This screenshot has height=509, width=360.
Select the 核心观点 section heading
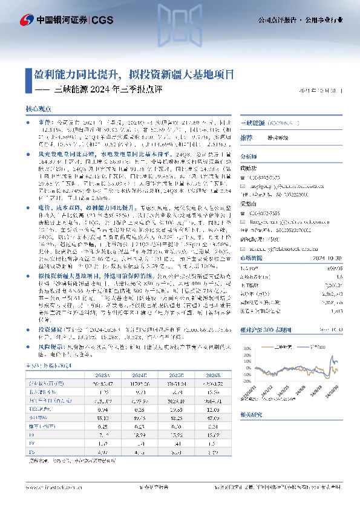(39, 109)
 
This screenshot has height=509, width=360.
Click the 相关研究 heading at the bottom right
(250, 433)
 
